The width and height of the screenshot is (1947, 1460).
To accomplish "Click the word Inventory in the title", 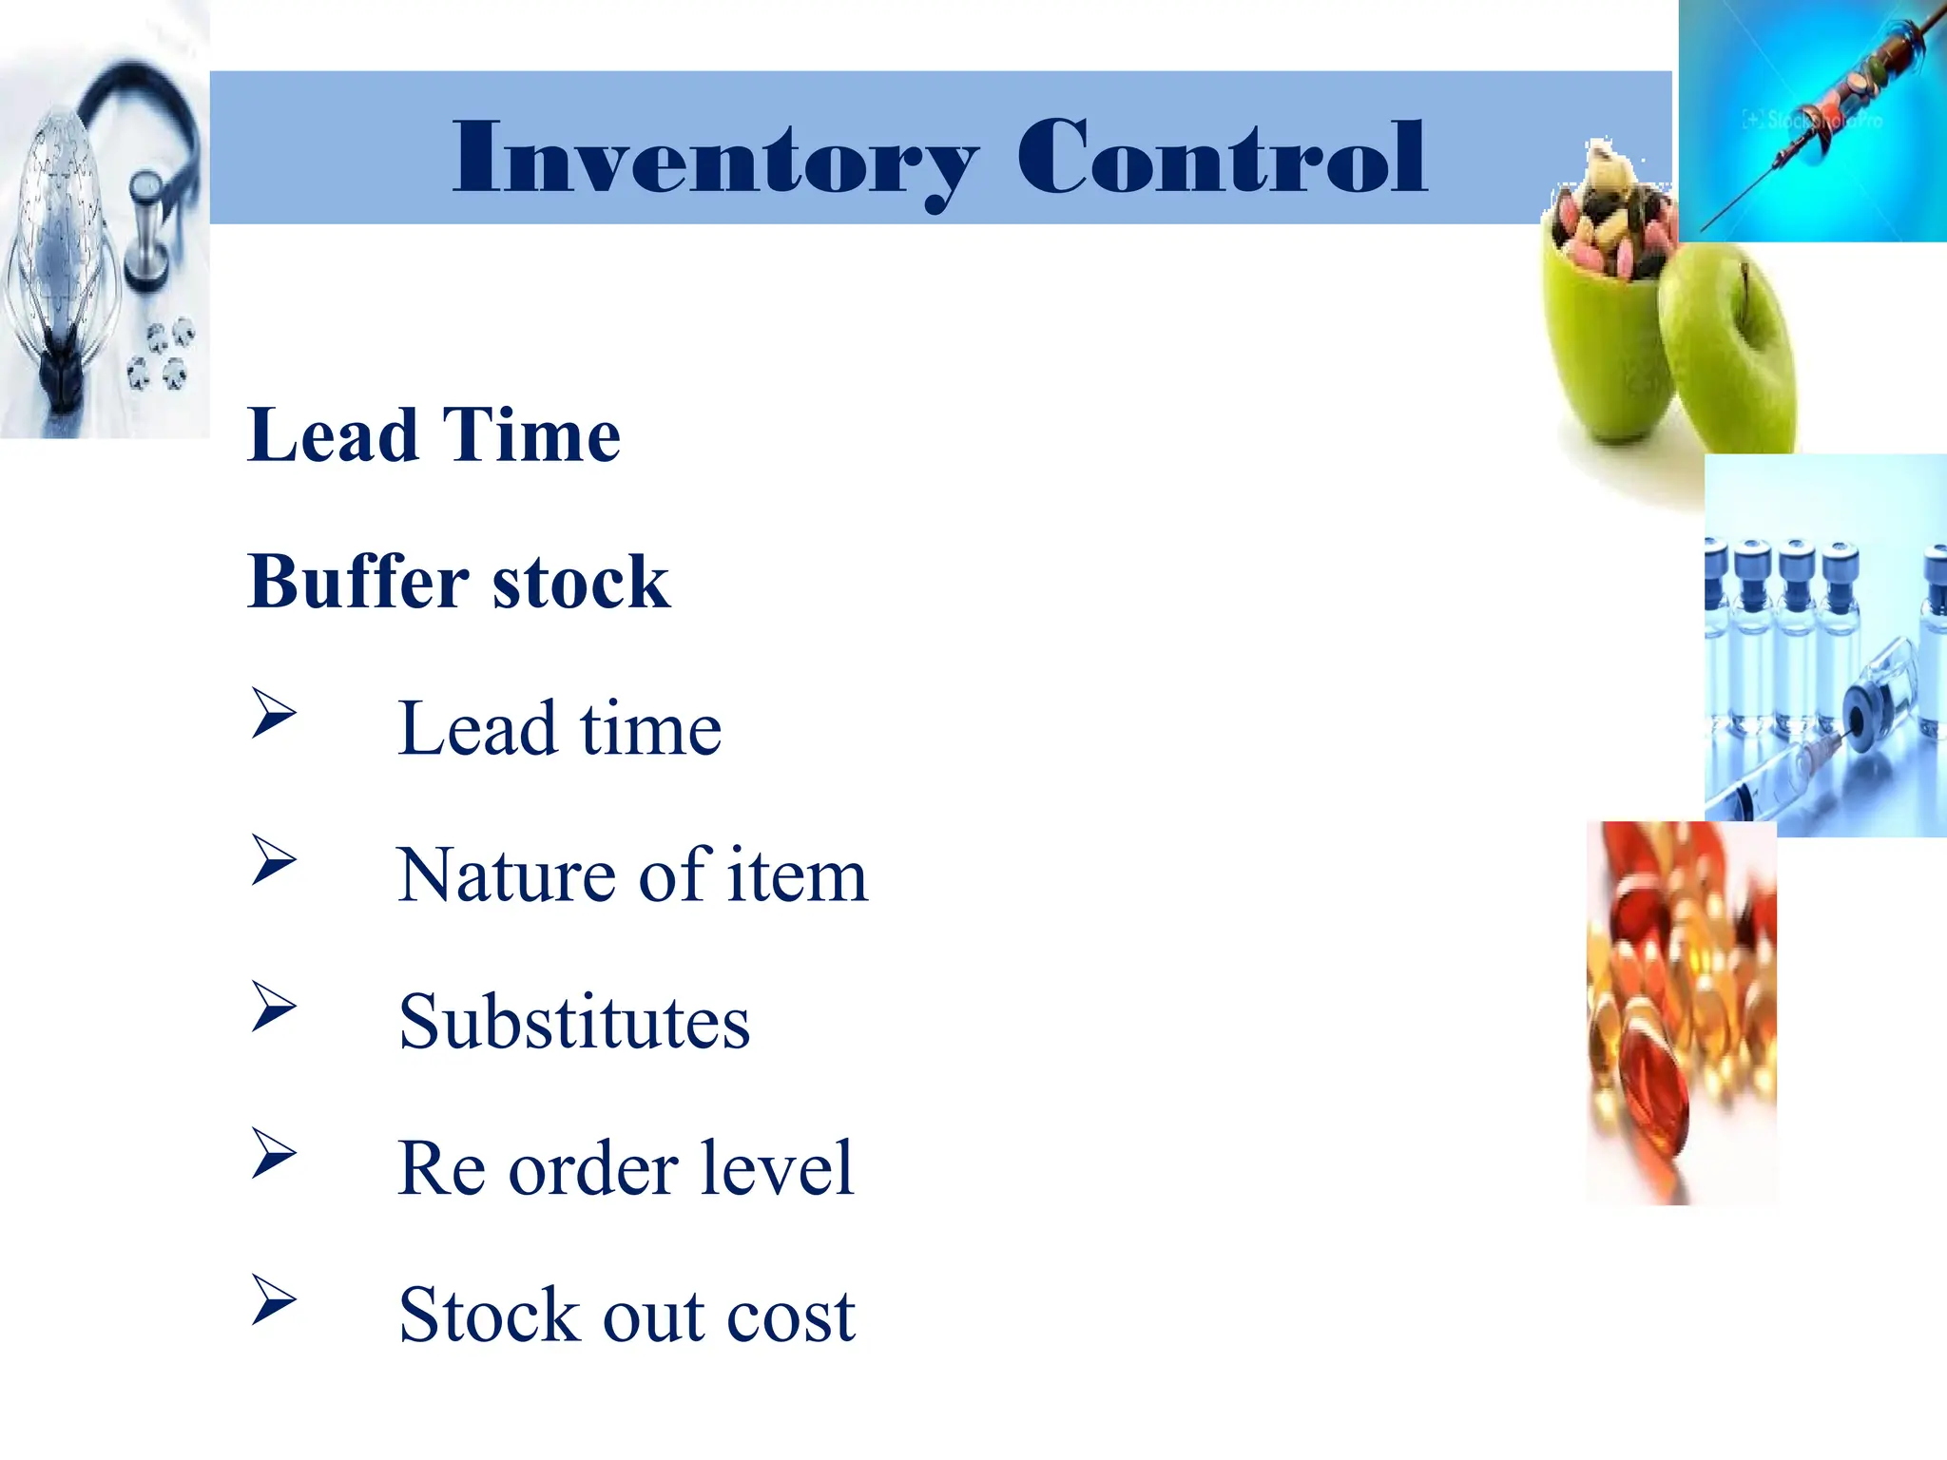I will coord(715,159).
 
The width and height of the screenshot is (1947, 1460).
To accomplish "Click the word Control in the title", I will coord(1221,157).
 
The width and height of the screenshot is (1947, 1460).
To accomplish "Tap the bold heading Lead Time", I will coord(434,434).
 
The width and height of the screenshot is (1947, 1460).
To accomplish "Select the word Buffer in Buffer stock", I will coord(357,581).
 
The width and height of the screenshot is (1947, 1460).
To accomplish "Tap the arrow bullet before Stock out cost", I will coord(274,1299).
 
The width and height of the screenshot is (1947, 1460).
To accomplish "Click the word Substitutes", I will coord(574,1022).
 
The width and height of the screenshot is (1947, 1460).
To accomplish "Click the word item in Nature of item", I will coord(797,874).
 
